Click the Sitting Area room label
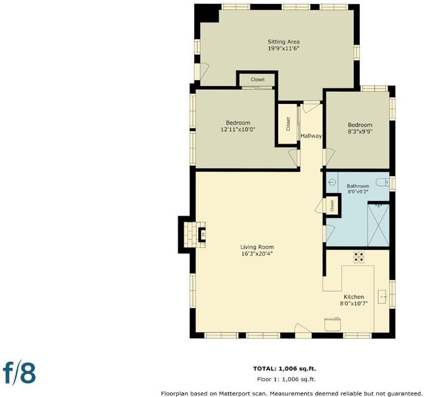tap(284, 42)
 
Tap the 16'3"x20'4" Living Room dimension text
tap(257, 254)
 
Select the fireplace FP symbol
tap(202, 234)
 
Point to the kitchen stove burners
tap(359, 257)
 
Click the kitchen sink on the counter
tap(382, 296)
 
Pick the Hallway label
tap(312, 136)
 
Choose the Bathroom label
tap(358, 186)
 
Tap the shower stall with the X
tap(378, 226)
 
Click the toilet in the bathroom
tap(382, 183)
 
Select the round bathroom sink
tap(333, 182)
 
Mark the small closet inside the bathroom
tap(332, 206)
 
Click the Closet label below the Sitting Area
tap(258, 79)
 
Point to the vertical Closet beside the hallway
tap(288, 124)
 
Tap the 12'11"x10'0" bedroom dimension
tap(238, 130)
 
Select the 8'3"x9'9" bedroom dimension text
tap(360, 132)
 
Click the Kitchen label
tap(354, 296)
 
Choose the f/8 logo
tap(19, 374)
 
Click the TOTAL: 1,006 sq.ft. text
tap(285, 369)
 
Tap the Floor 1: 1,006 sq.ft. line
tap(287, 379)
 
